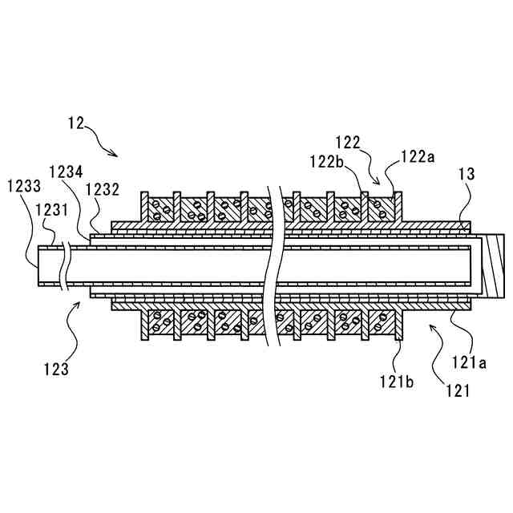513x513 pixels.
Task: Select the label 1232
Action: [105, 189]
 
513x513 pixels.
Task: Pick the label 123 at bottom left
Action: [56, 370]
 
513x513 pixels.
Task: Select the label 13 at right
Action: [466, 174]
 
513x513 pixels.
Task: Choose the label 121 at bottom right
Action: [457, 392]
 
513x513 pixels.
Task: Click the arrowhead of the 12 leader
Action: [117, 155]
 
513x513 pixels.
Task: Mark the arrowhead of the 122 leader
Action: [379, 184]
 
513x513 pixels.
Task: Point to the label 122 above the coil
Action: [347, 143]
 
